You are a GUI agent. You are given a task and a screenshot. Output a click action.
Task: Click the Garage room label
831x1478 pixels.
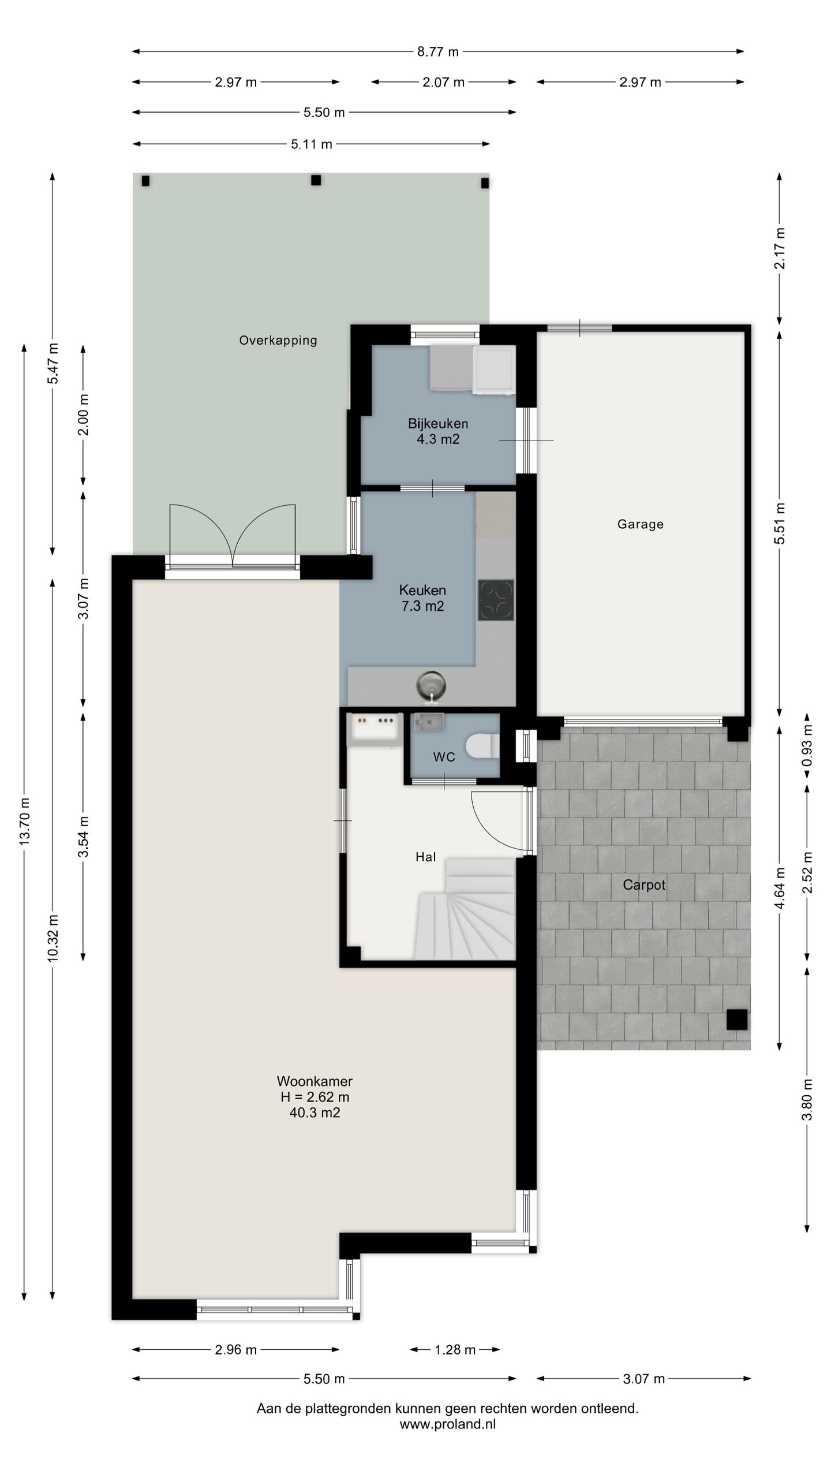(x=640, y=524)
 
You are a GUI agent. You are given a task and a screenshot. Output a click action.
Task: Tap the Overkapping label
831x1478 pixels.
(x=278, y=341)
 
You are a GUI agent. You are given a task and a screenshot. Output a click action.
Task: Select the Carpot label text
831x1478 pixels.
(x=644, y=885)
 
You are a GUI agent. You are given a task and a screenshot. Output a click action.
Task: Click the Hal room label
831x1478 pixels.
(x=426, y=857)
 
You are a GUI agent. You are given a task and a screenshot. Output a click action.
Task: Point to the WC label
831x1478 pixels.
(x=444, y=757)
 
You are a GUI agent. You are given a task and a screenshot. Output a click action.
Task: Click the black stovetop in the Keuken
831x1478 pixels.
(x=496, y=600)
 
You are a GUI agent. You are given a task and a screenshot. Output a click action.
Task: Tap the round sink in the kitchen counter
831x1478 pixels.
(x=431, y=686)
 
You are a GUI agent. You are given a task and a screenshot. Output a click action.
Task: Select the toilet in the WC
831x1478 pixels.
(x=483, y=745)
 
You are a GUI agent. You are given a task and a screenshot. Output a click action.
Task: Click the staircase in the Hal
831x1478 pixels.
(x=465, y=909)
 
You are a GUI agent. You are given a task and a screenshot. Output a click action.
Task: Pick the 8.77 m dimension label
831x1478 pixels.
(x=438, y=52)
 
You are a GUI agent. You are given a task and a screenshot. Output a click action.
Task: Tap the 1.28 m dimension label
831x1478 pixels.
(x=455, y=1350)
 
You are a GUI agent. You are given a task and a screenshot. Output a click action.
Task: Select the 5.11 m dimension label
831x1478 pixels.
(x=312, y=144)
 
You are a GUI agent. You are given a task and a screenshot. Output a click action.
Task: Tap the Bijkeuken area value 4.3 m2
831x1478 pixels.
(x=438, y=439)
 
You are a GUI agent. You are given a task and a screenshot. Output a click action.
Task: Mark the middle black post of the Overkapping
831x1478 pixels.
(x=316, y=180)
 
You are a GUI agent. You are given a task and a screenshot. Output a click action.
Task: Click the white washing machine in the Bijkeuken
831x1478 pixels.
(x=494, y=370)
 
